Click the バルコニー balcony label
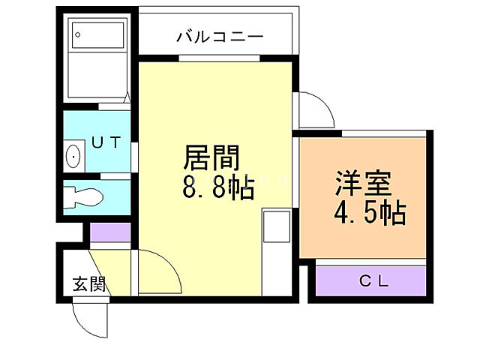[220, 35]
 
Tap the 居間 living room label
[212, 160]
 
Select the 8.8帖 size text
[218, 187]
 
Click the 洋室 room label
[364, 184]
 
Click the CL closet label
[373, 282]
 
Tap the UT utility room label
[105, 142]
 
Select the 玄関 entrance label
[88, 284]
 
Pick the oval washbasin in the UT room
[73, 157]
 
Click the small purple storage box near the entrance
[109, 232]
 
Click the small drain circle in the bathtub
[78, 34]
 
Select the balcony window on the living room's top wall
[219, 58]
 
